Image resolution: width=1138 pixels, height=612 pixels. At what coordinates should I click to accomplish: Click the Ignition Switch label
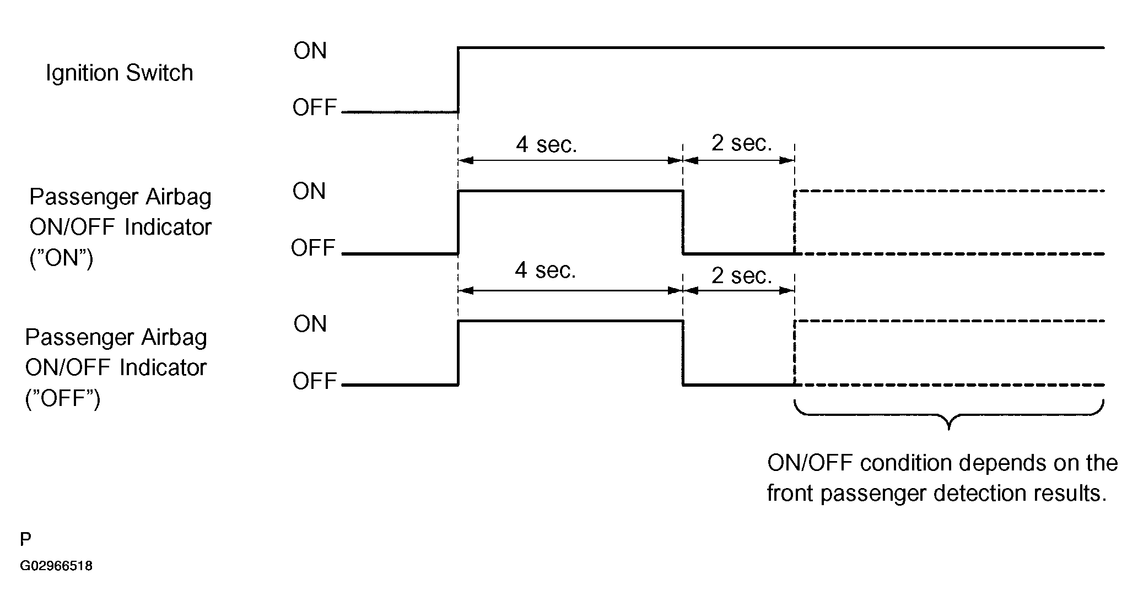tap(119, 73)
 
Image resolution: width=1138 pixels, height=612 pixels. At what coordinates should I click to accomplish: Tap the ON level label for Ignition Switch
tap(310, 51)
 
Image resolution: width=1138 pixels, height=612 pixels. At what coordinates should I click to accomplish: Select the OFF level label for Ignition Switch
tap(315, 107)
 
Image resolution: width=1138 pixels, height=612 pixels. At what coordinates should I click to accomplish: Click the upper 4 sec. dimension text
tap(546, 144)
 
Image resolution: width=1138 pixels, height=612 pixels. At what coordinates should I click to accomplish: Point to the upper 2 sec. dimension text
tap(742, 143)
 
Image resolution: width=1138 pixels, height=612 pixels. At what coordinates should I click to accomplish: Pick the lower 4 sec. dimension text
tap(546, 270)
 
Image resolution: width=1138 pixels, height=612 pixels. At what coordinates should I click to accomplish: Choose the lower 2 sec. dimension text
tap(742, 275)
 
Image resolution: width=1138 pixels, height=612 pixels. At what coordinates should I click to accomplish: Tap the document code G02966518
tap(56, 566)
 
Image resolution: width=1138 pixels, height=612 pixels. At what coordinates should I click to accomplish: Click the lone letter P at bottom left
tap(25, 539)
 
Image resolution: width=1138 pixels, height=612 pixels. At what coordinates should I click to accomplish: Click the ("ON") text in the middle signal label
tap(61, 257)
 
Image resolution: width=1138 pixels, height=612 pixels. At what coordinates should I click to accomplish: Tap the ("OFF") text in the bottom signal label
tap(63, 398)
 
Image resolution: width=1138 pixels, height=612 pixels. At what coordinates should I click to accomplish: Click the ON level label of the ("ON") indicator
tap(309, 191)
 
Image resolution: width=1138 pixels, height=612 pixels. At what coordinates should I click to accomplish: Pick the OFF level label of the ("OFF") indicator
tap(315, 381)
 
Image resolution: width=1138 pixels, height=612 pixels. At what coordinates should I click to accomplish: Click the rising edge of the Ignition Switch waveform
tap(459, 80)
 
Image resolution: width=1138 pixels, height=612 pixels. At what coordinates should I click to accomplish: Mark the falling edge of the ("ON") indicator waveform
tap(683, 222)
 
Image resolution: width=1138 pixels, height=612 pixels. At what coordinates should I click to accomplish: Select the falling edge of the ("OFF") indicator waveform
tap(683, 353)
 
